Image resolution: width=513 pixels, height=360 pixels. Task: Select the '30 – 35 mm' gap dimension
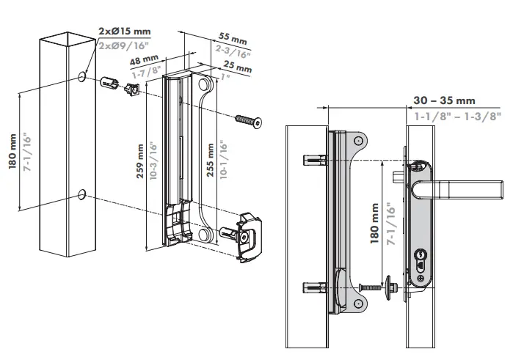click(444, 100)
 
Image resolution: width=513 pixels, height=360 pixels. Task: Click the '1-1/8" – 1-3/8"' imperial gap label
click(457, 115)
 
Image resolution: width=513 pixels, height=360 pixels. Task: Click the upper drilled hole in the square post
click(81, 76)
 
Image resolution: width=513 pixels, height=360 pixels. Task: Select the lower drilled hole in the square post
click(82, 194)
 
